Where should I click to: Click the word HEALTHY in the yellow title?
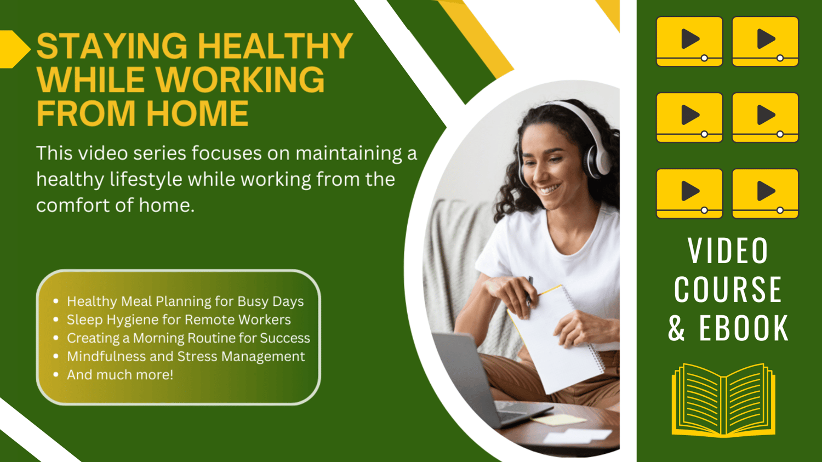[x=275, y=45]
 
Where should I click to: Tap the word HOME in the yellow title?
[x=198, y=113]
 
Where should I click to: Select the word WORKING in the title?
[x=240, y=79]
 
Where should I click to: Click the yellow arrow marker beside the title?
[x=15, y=49]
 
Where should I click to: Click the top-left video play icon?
[x=689, y=42]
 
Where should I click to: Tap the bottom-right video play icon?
[x=766, y=193]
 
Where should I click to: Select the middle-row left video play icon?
[x=689, y=117]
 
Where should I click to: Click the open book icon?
[x=724, y=400]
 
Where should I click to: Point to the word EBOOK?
[x=744, y=328]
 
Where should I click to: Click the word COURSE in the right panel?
[x=728, y=289]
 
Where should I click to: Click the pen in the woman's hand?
[x=529, y=291]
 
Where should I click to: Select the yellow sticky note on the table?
[x=558, y=419]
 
